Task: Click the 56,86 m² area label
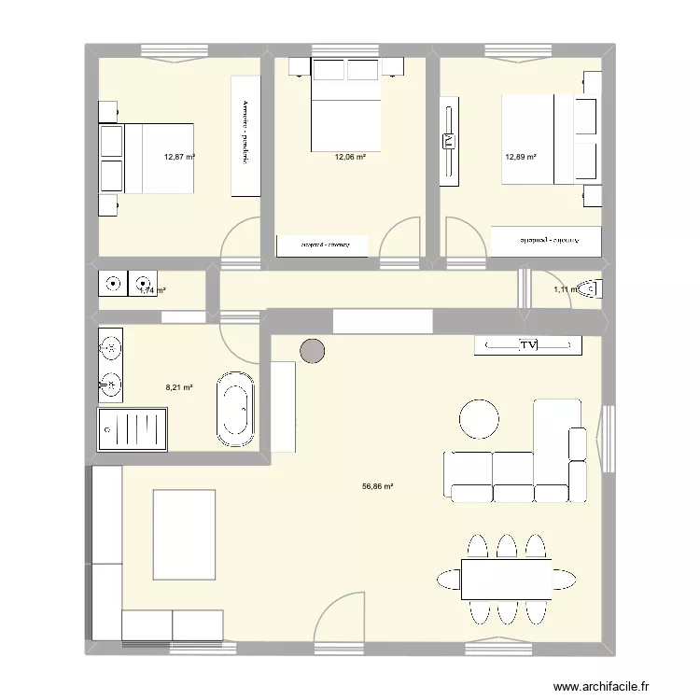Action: click(x=377, y=486)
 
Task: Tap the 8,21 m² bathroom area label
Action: click(x=178, y=387)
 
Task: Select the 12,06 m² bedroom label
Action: click(x=350, y=158)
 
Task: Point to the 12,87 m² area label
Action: click(x=179, y=158)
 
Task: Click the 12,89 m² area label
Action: click(x=521, y=158)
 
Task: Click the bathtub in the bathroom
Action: click(x=235, y=407)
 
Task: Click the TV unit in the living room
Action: click(x=528, y=346)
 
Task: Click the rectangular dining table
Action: click(x=505, y=579)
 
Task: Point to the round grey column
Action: click(x=313, y=351)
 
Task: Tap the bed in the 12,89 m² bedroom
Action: click(x=539, y=139)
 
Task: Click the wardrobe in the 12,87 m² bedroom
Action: click(x=245, y=134)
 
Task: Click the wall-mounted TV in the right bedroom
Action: click(x=448, y=142)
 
